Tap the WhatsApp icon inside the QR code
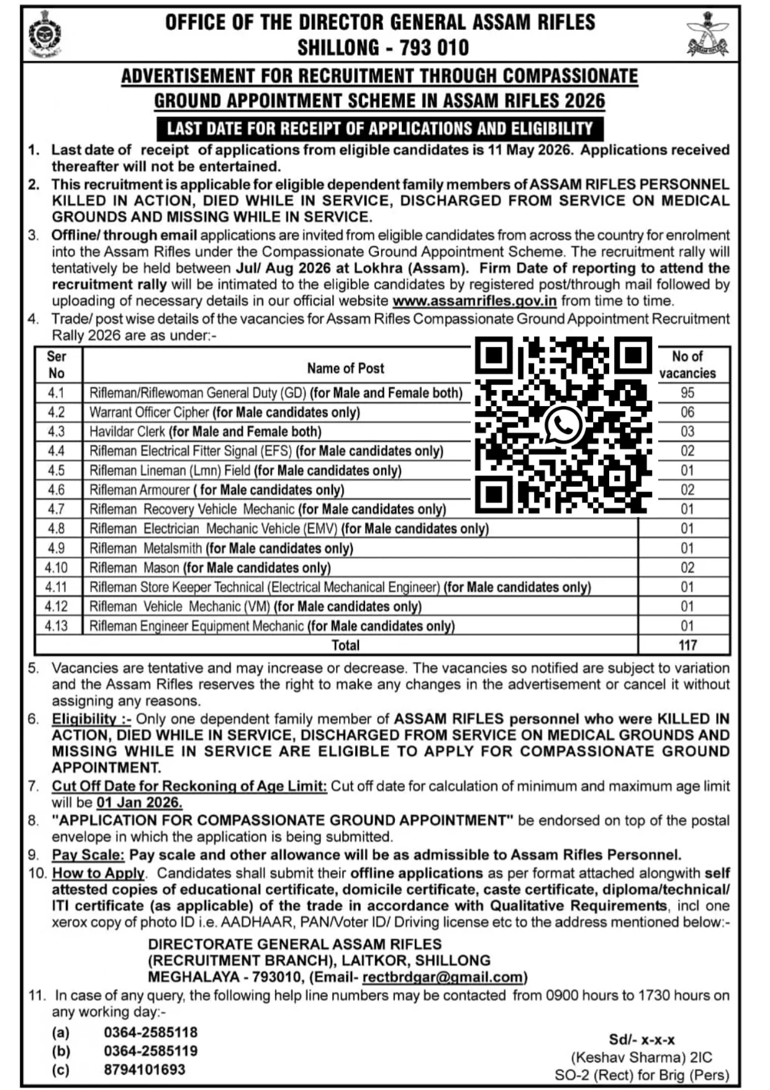[563, 425]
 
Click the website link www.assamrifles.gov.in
[474, 301]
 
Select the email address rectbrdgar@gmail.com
[443, 977]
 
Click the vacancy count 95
[687, 393]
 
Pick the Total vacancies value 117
[687, 645]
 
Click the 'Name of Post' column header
[345, 368]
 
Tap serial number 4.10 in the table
[56, 568]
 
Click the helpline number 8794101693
[145, 1070]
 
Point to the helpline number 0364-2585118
[151, 1032]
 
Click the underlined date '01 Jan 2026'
[139, 802]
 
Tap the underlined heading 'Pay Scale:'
[88, 855]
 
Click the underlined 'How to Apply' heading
[98, 873]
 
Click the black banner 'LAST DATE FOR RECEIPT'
[379, 129]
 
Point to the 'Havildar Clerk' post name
[127, 432]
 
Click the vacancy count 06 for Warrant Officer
[687, 412]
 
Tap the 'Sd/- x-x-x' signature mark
[641, 1040]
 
